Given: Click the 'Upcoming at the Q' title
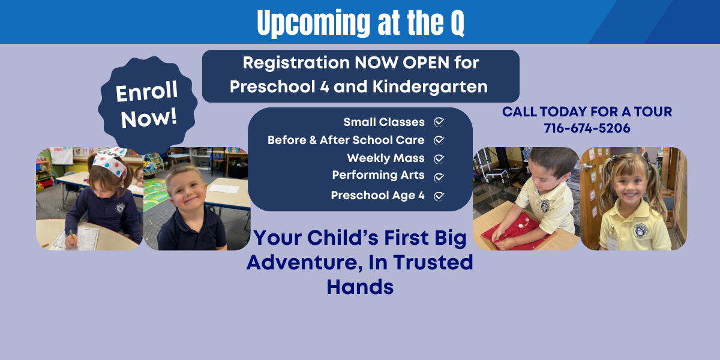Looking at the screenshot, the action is pyautogui.click(x=361, y=23).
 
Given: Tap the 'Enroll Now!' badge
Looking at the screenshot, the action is pyautogui.click(x=148, y=105).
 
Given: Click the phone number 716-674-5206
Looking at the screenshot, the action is pyautogui.click(x=587, y=128).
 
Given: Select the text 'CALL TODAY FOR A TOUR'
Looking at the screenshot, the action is pyautogui.click(x=587, y=112).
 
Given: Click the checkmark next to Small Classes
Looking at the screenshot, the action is pyautogui.click(x=439, y=122).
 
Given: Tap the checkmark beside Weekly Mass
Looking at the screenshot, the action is pyautogui.click(x=439, y=159).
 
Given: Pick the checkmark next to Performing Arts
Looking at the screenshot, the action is pyautogui.click(x=439, y=178).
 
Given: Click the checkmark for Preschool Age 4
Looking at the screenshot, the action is pyautogui.click(x=439, y=196).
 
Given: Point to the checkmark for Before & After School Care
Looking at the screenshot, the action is pyautogui.click(x=439, y=140).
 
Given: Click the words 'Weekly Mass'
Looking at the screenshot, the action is pyautogui.click(x=386, y=158).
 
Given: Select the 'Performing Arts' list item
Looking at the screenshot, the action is pyautogui.click(x=379, y=175).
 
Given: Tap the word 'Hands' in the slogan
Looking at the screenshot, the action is pyautogui.click(x=360, y=287).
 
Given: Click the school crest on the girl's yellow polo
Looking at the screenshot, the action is pyautogui.click(x=640, y=231).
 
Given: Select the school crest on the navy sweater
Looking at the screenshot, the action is pyautogui.click(x=120, y=208).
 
